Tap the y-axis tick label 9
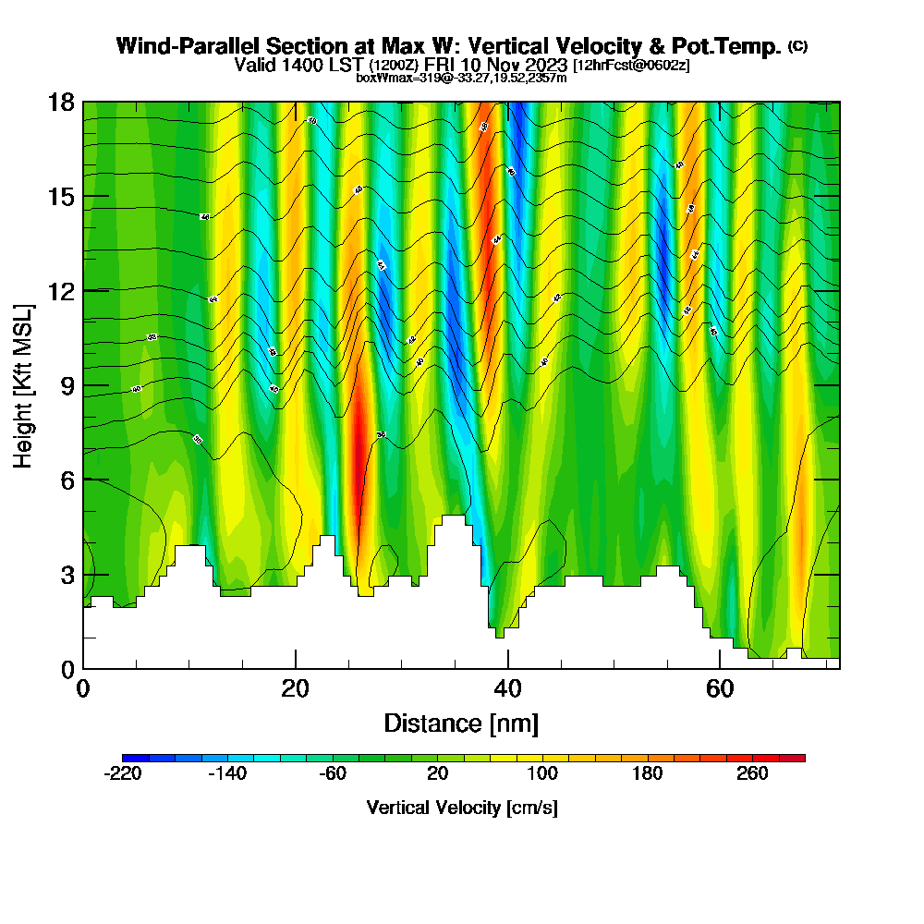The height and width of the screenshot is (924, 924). click(x=67, y=385)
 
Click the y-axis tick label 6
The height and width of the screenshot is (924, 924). click(x=67, y=480)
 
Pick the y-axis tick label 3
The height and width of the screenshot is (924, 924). click(x=67, y=575)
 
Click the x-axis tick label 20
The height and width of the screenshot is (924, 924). click(x=296, y=689)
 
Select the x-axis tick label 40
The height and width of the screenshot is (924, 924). click(x=507, y=689)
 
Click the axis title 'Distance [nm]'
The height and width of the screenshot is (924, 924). click(x=461, y=723)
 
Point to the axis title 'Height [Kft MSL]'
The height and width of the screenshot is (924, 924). click(x=24, y=384)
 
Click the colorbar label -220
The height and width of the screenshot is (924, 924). click(x=123, y=774)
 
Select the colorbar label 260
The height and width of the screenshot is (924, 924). click(x=752, y=774)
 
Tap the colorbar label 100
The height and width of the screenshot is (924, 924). click(x=542, y=774)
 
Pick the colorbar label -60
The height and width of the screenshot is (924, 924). click(x=333, y=774)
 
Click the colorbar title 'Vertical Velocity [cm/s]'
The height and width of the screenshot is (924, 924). click(x=462, y=808)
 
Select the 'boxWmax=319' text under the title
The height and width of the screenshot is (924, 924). click(x=391, y=78)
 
